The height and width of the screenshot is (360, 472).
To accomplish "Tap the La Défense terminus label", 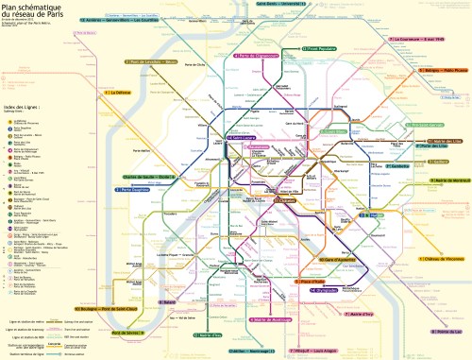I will (122, 93).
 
